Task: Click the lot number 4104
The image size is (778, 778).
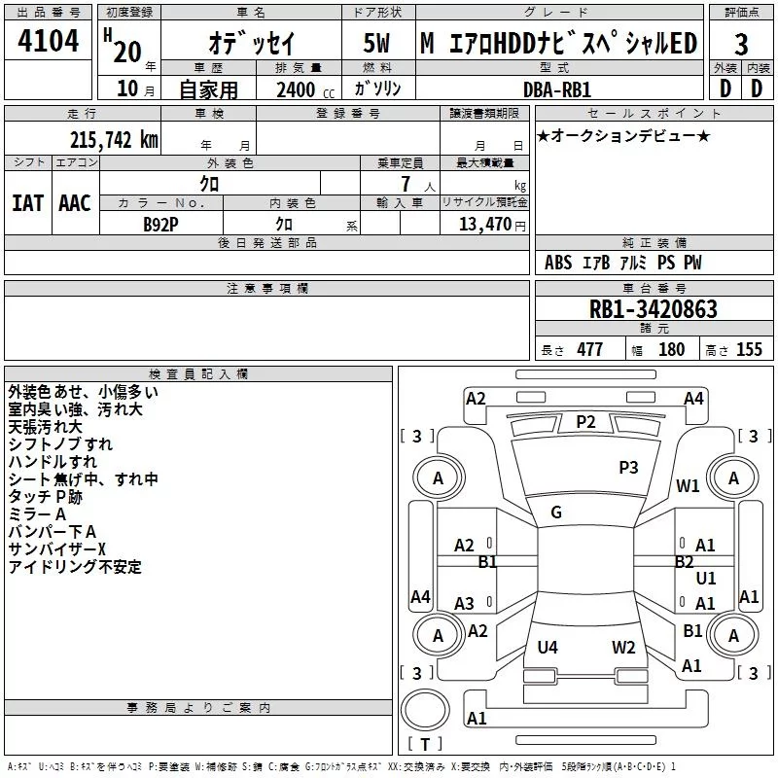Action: [49, 42]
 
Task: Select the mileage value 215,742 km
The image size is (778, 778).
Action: [114, 139]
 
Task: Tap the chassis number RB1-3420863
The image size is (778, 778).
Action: [654, 309]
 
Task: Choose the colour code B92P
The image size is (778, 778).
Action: [160, 224]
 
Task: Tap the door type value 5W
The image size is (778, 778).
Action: [377, 44]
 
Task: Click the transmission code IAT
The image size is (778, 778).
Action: [27, 202]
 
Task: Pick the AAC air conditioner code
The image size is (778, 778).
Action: [75, 202]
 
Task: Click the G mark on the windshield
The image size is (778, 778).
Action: [556, 513]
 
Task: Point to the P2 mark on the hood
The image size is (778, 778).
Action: [585, 421]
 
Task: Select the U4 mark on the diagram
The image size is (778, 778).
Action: [548, 647]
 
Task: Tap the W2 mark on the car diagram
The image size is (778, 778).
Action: [623, 647]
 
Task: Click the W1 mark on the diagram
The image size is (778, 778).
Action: [689, 485]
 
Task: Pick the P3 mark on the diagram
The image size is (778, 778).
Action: [628, 468]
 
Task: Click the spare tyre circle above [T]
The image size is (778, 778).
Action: [425, 711]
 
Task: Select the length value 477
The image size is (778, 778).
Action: [589, 349]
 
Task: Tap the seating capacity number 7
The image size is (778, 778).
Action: [406, 184]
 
